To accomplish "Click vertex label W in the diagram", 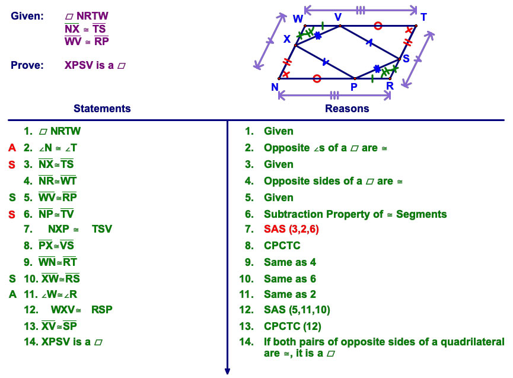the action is tap(298, 18).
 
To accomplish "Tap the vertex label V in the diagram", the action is tap(338, 17).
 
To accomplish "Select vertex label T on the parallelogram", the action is tap(423, 17).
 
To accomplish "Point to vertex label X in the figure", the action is tap(287, 39).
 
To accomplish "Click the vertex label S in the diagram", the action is tap(406, 59).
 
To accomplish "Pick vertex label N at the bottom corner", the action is tap(275, 87).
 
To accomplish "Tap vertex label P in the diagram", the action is tap(353, 87).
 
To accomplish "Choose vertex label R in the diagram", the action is tap(390, 86).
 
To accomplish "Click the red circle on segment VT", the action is tap(378, 26).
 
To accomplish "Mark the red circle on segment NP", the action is tap(317, 78).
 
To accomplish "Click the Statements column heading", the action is tap(102, 109).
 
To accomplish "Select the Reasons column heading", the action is tap(347, 109).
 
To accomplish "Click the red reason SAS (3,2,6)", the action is tap(291, 229).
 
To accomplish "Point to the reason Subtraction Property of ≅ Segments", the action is tap(355, 214).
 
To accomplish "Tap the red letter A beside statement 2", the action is tap(12, 148).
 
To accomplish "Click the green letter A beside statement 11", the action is tap(12, 294).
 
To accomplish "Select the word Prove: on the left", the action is tap(27, 65).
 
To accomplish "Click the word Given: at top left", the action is tap(27, 16).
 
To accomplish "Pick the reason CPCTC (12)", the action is tap(292, 326).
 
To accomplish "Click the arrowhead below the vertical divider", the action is tap(227, 371).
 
